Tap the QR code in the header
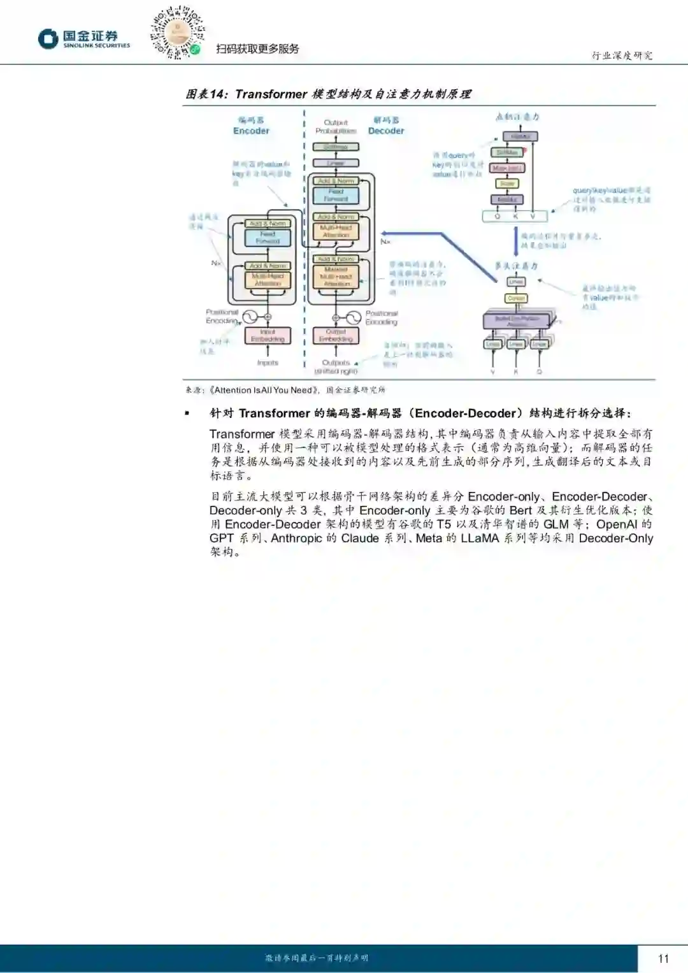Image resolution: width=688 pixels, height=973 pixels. (177, 33)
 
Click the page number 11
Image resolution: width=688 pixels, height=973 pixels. (663, 958)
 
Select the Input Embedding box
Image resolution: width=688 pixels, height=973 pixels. (268, 336)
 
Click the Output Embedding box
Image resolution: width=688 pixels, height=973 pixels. (336, 336)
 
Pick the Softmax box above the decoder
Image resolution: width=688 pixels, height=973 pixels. (336, 147)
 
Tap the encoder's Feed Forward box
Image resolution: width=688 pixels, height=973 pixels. (268, 238)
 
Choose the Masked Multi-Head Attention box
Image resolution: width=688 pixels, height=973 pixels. (336, 276)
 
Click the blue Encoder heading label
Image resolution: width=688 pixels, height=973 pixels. (251, 131)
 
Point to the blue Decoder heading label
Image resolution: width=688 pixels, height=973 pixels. (386, 131)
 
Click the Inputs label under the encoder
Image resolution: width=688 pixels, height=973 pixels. (268, 363)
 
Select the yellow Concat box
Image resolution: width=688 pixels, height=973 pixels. (516, 298)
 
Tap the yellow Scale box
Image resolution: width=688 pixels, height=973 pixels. (507, 184)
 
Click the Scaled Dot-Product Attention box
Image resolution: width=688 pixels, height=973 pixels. (517, 321)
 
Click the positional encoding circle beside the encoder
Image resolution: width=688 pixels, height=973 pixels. (247, 317)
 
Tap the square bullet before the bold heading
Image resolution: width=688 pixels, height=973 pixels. (187, 414)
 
